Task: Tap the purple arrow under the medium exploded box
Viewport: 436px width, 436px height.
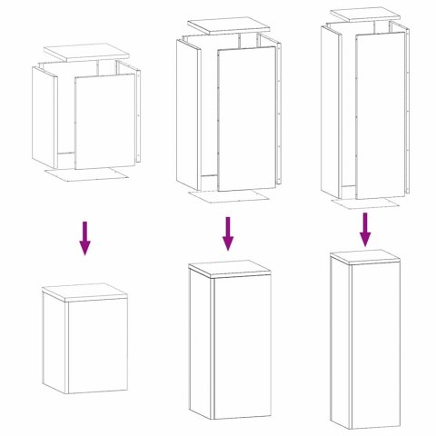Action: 228,233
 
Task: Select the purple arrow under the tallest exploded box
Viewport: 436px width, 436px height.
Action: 364,229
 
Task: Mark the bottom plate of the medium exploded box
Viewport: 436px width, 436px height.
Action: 228,195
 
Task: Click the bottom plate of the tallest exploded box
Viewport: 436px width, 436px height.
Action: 363,203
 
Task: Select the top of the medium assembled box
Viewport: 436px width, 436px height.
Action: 230,268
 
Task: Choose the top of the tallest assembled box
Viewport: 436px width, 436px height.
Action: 364,256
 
